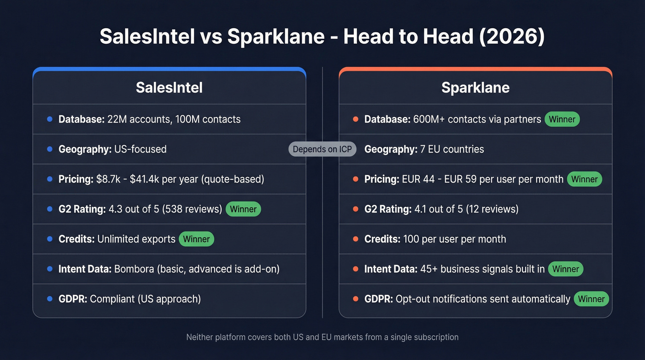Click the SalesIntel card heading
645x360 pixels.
[169, 88]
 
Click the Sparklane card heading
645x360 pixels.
[475, 88]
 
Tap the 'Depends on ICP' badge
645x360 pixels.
[322, 149]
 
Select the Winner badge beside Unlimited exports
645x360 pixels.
[196, 239]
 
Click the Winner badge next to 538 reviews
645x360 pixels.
[243, 209]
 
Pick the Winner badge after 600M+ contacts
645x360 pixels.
[562, 119]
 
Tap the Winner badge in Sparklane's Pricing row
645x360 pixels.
[584, 179]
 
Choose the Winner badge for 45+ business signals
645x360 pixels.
[565, 269]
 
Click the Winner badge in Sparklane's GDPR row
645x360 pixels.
[591, 299]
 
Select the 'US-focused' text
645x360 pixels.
[139, 149]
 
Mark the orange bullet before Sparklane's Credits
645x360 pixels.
[355, 239]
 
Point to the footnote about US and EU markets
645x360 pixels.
[322, 337]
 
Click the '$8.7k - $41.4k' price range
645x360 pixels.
[128, 179]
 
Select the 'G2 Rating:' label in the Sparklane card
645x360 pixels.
[387, 209]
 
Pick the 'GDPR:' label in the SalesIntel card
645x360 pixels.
[72, 299]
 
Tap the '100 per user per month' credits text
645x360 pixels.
[454, 239]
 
